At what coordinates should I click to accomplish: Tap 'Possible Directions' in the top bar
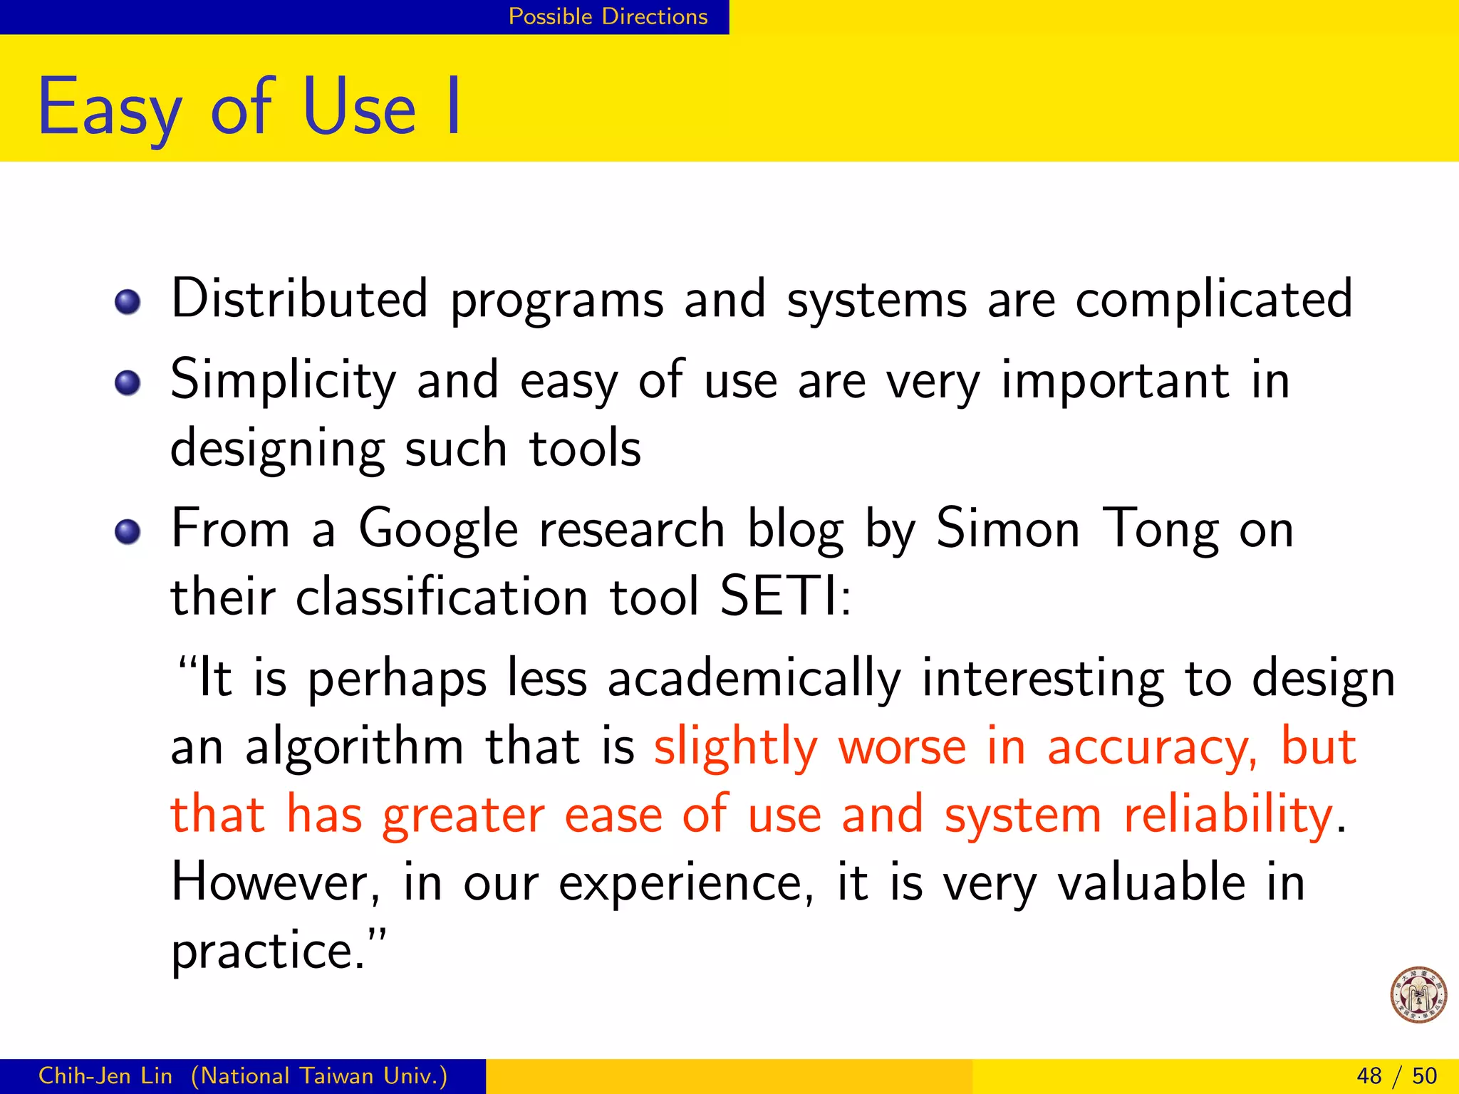(x=608, y=16)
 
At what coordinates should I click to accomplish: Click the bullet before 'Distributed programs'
(x=128, y=302)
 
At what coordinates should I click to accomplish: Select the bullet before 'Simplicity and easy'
(x=128, y=383)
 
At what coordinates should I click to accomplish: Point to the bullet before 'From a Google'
(x=128, y=531)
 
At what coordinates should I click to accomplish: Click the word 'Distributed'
(x=300, y=299)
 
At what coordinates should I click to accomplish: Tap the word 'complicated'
(x=1213, y=299)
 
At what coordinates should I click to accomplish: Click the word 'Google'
(x=438, y=531)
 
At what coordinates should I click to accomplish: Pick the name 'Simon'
(x=1007, y=529)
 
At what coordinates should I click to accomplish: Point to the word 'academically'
(x=754, y=679)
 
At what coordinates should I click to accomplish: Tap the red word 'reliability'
(x=1227, y=816)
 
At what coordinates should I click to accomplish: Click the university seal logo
(x=1418, y=994)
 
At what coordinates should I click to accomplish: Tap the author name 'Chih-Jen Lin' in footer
(x=105, y=1075)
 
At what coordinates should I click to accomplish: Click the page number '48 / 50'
(x=1396, y=1075)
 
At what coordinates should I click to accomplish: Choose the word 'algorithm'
(x=354, y=749)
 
